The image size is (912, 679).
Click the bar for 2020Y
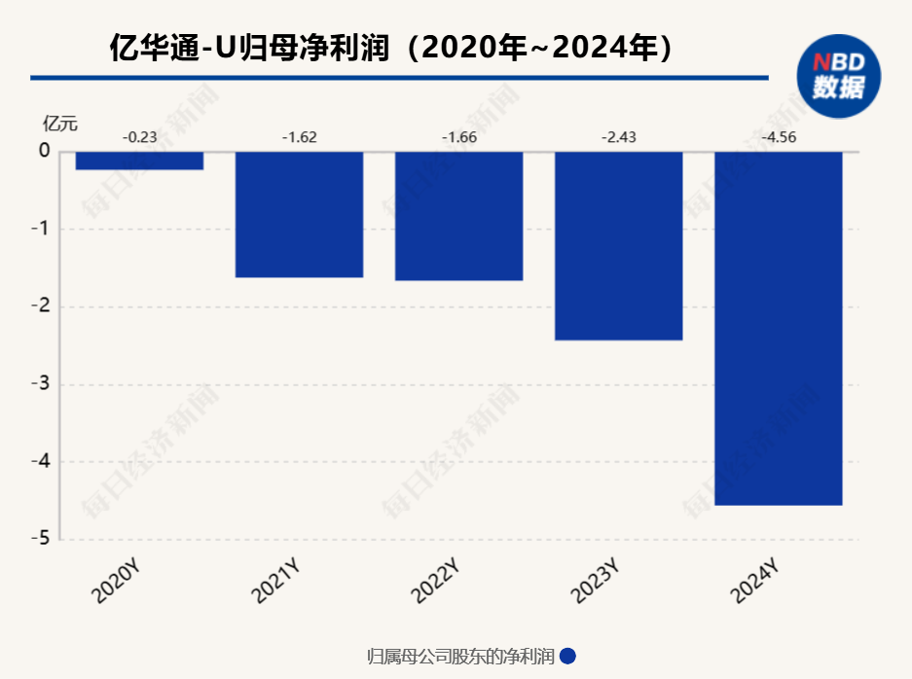point(139,161)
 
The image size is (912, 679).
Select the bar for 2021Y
point(299,214)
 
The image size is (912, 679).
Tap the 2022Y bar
point(458,216)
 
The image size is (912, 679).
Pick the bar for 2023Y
point(618,245)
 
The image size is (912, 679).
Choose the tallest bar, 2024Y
point(778,328)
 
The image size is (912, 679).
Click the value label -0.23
point(139,137)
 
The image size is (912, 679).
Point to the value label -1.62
point(299,137)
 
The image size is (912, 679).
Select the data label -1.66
point(458,137)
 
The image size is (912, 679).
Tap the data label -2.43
point(618,137)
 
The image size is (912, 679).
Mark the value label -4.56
point(778,137)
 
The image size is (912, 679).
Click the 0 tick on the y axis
point(44,152)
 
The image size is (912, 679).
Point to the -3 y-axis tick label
point(41,384)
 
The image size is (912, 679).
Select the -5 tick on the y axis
point(41,540)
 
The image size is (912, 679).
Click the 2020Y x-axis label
point(116,582)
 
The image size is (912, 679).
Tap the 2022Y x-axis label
point(435,582)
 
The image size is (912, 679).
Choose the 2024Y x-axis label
point(754,582)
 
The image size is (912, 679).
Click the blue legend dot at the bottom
point(568,657)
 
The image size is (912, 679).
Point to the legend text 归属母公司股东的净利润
point(460,657)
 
